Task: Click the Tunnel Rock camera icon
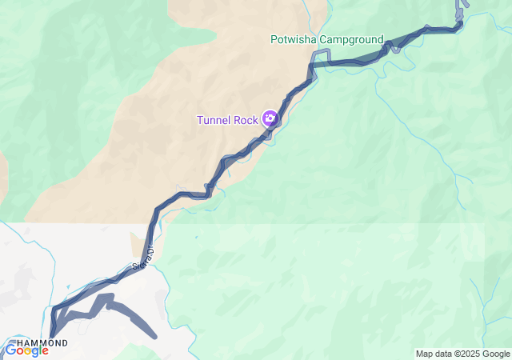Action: coord(270,119)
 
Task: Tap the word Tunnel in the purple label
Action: coord(216,120)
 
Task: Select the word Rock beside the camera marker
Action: coord(247,120)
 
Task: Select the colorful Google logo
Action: coord(26,350)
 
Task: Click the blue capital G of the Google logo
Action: coord(10,350)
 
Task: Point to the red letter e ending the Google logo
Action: coord(45,350)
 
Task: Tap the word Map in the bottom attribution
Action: coord(424,354)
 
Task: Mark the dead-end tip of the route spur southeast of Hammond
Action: coord(155,337)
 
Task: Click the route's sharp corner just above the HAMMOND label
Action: coord(54,307)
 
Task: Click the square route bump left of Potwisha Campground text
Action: coord(320,54)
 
